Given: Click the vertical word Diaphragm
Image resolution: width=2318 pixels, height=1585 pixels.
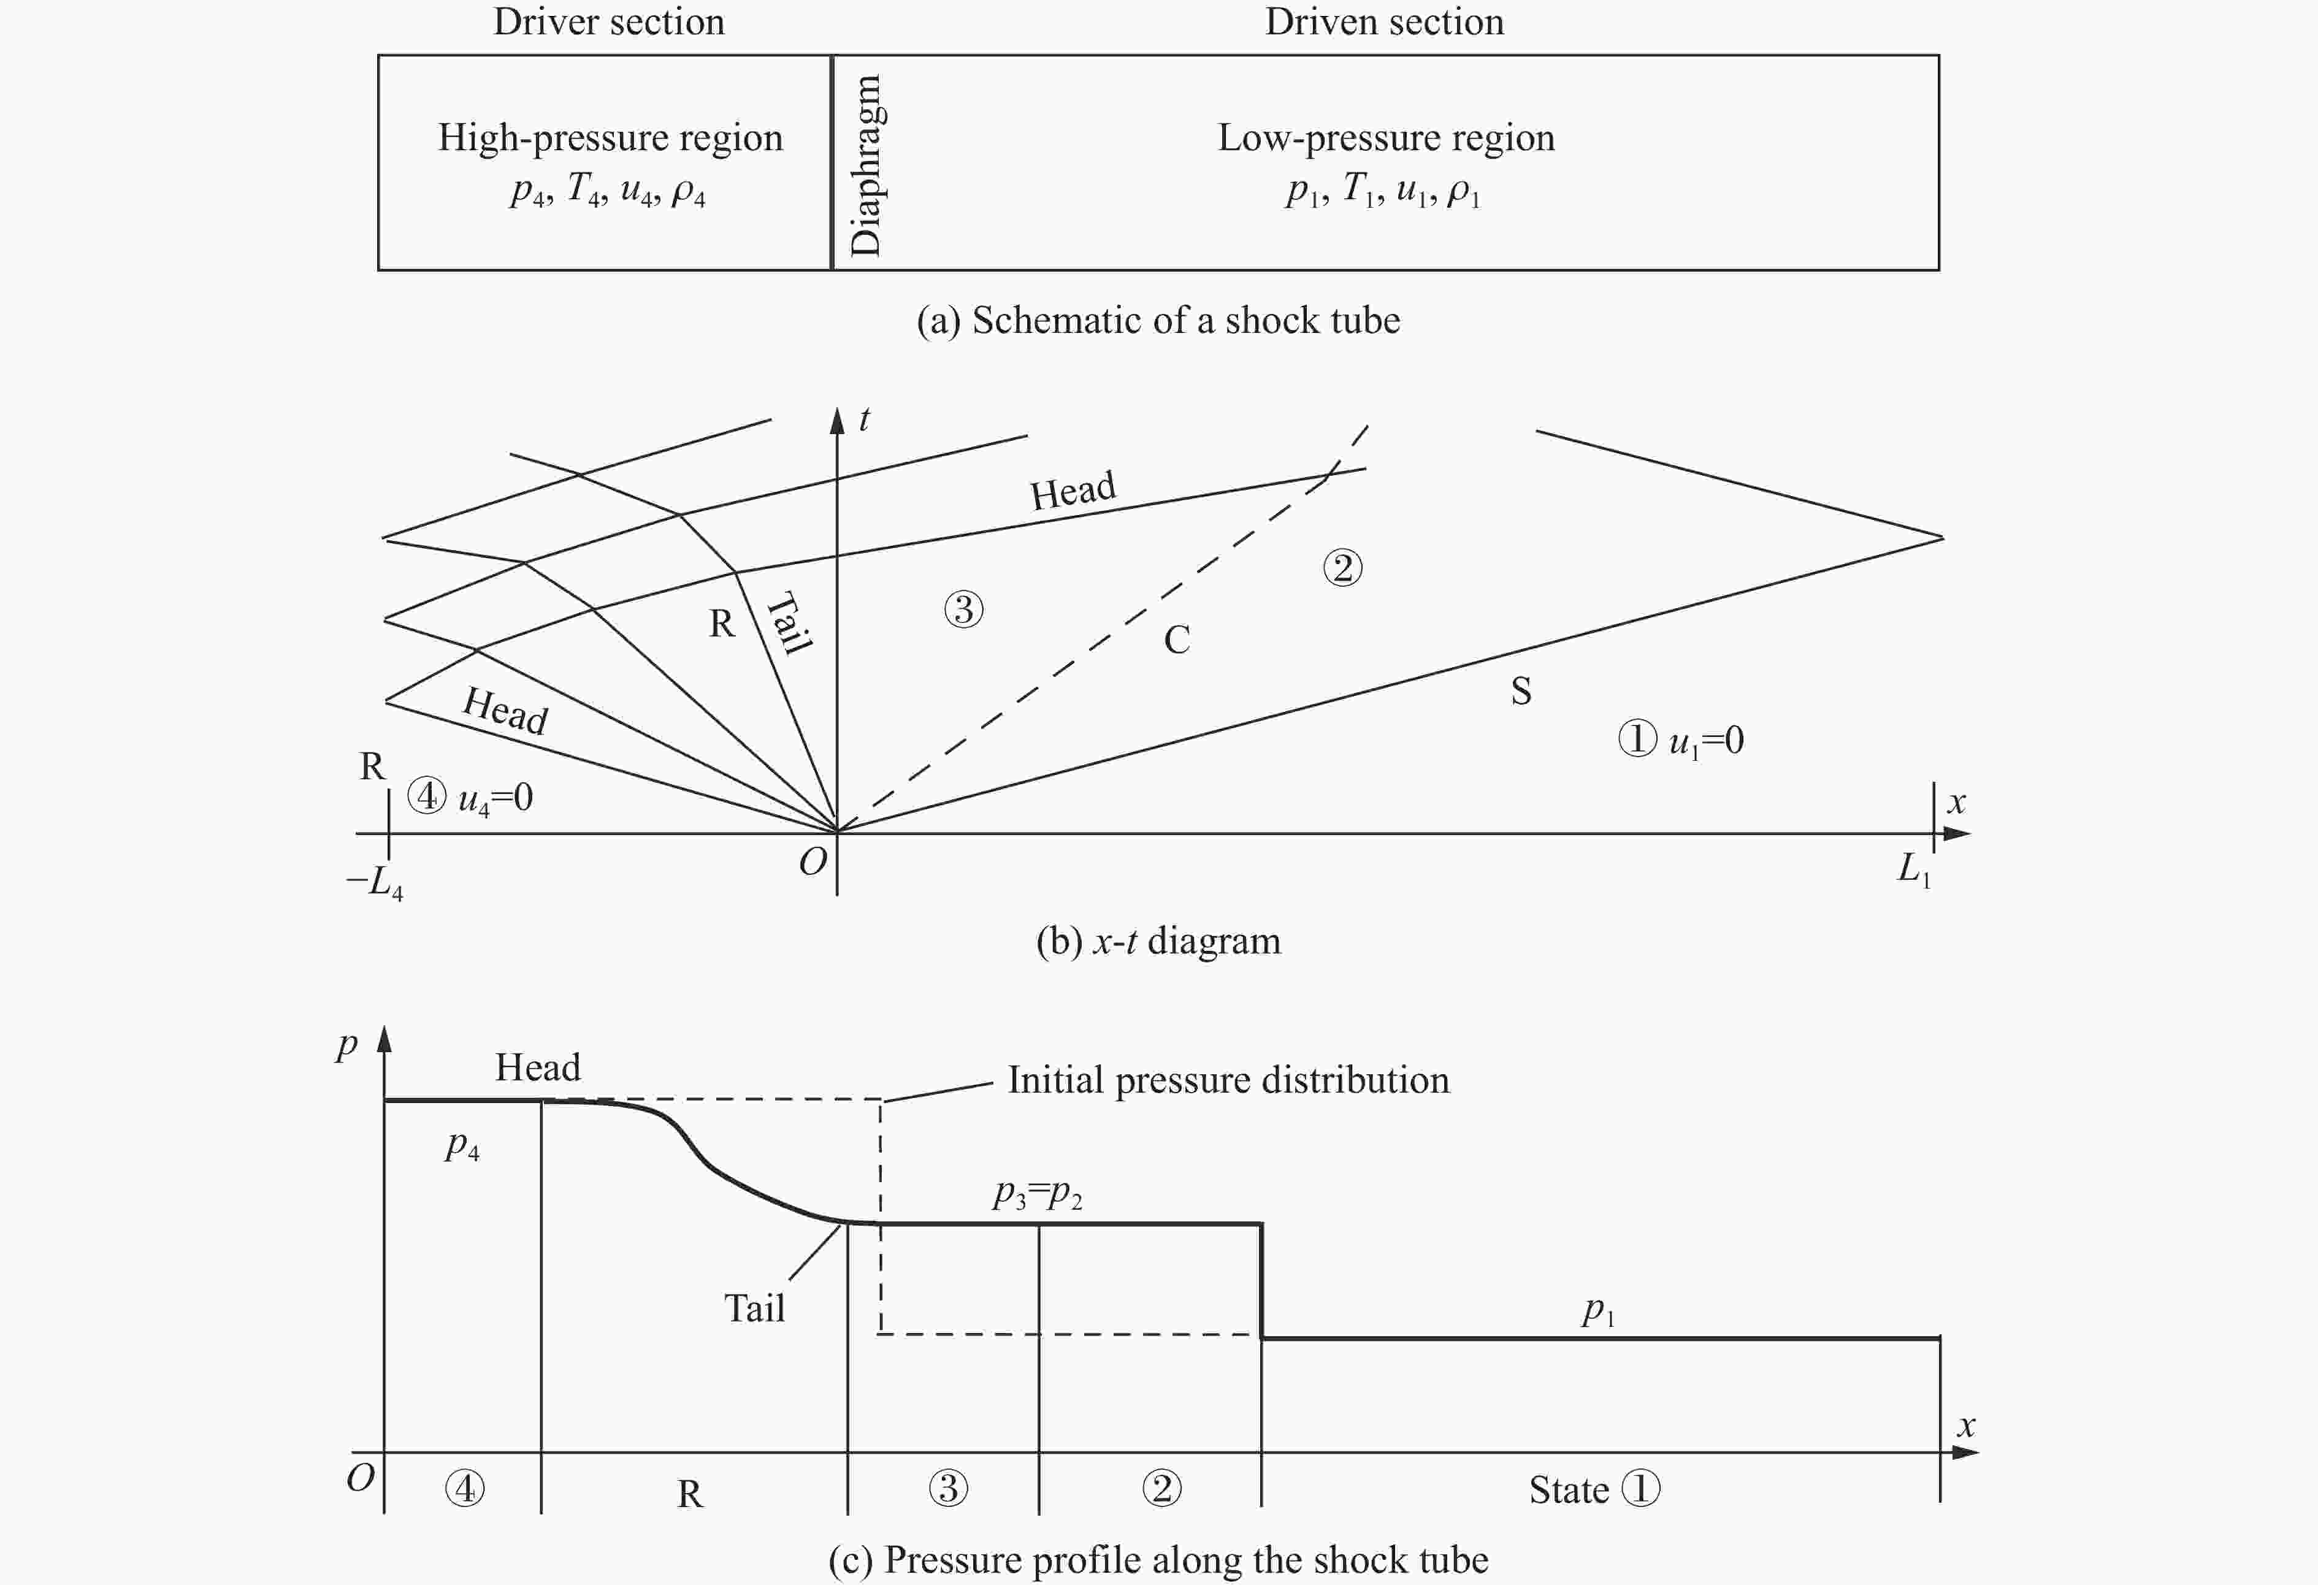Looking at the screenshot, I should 866,164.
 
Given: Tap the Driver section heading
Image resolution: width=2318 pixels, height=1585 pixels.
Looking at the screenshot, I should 608,22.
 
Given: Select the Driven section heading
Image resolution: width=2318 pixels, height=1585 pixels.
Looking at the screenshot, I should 1383,22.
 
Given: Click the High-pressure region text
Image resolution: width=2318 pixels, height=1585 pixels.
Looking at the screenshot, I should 610,137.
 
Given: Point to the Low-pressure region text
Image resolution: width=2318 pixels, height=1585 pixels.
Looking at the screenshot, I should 1385,137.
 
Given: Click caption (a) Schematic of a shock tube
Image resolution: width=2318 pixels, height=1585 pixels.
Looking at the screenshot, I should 1158,320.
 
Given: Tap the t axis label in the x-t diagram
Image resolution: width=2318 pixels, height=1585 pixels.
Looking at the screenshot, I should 864,419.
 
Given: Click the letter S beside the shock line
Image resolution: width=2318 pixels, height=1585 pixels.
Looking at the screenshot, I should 1520,691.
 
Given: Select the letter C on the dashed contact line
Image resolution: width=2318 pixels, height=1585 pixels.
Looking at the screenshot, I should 1177,640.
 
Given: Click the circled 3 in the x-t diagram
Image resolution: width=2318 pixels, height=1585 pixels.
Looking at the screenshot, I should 963,608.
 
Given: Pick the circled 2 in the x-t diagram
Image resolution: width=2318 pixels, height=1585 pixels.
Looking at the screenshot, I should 1342,568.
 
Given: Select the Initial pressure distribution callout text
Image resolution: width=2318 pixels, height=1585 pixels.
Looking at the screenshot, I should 1228,1080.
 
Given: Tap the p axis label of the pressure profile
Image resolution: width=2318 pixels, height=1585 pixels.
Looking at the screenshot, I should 346,1045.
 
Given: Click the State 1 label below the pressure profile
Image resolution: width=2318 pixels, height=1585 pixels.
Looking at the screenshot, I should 1594,1489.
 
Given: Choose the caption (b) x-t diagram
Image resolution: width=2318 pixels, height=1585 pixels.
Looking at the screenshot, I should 1158,941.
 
